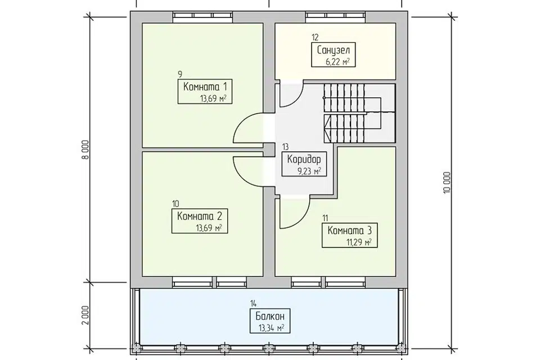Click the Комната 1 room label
point(205,86)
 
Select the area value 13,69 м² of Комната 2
point(209,228)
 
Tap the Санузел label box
point(333,55)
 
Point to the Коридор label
point(304,159)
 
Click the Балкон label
point(270,316)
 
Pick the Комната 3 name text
point(349,229)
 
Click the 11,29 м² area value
point(359,242)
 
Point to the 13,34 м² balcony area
point(271,328)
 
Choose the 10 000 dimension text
point(447,183)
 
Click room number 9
point(180,74)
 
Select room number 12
point(315,37)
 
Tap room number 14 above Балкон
point(254,304)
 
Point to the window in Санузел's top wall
point(335,16)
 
